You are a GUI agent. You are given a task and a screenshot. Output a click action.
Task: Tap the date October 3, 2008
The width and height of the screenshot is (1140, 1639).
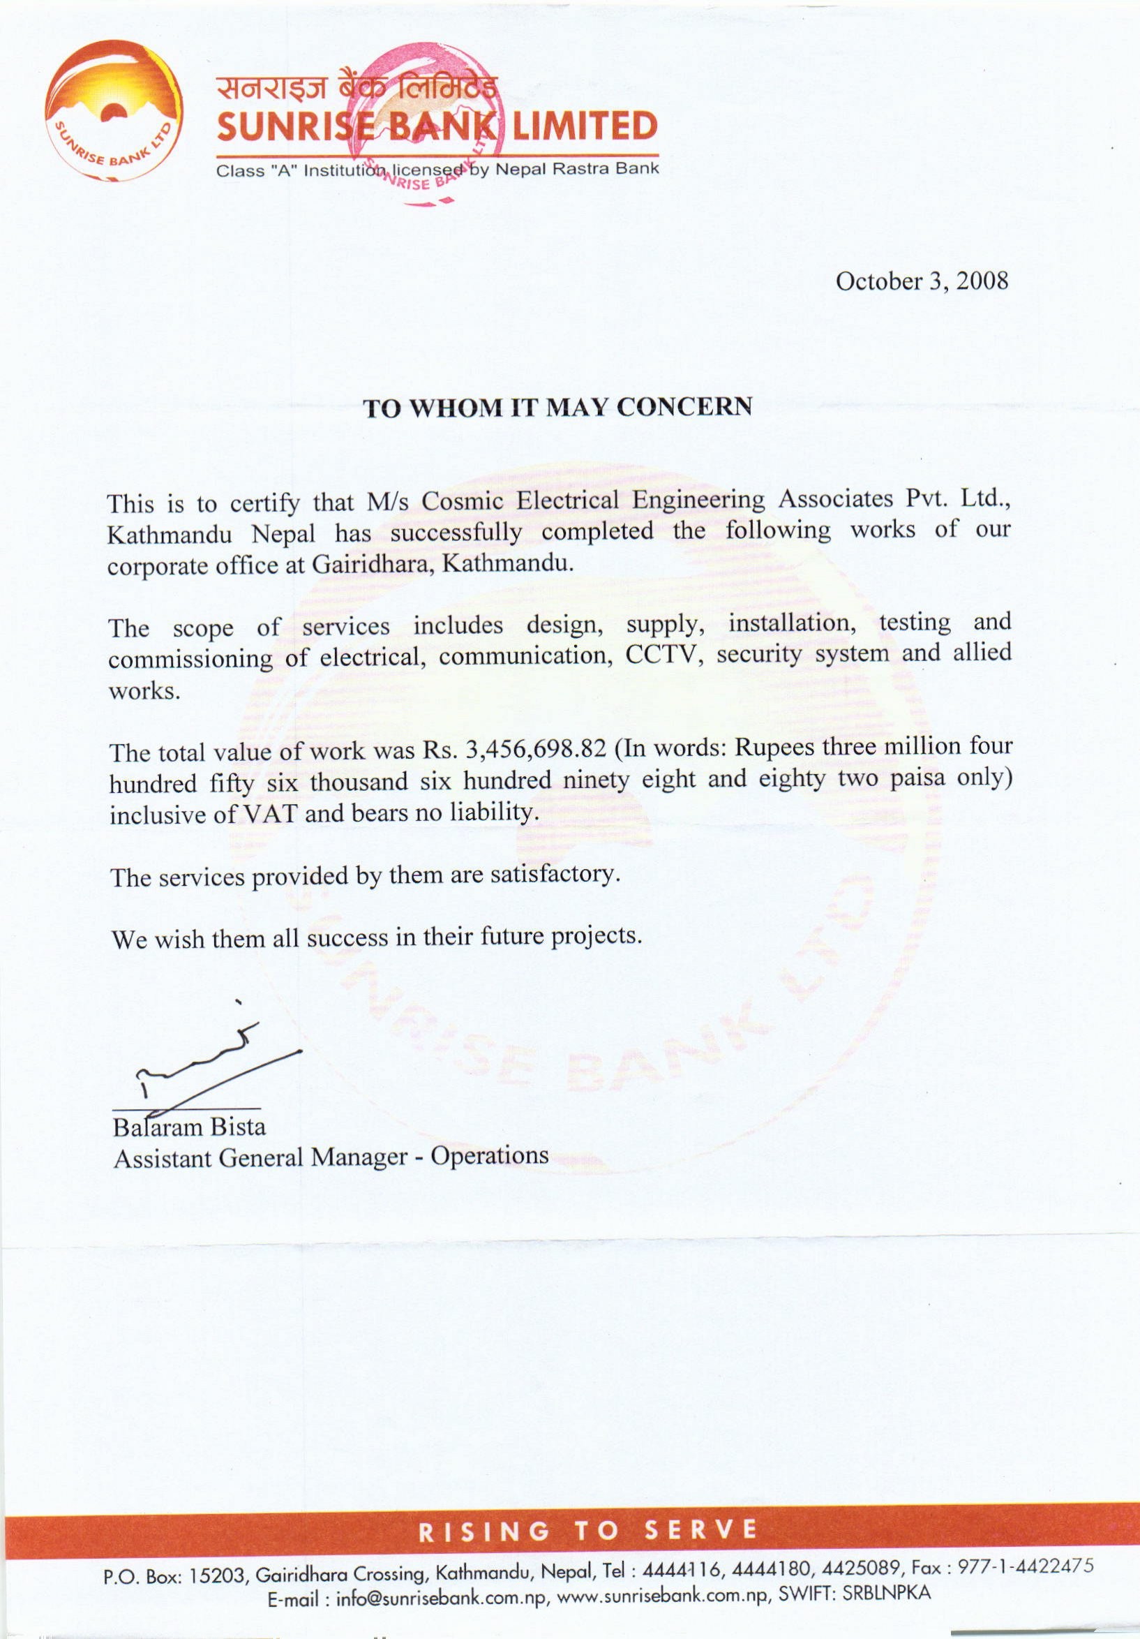(922, 281)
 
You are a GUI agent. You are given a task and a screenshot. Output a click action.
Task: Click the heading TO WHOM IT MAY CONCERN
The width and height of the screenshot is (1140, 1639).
(558, 407)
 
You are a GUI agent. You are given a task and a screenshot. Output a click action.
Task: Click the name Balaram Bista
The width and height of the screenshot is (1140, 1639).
(189, 1127)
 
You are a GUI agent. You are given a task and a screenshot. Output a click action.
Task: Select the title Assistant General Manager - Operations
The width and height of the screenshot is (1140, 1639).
(331, 1157)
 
